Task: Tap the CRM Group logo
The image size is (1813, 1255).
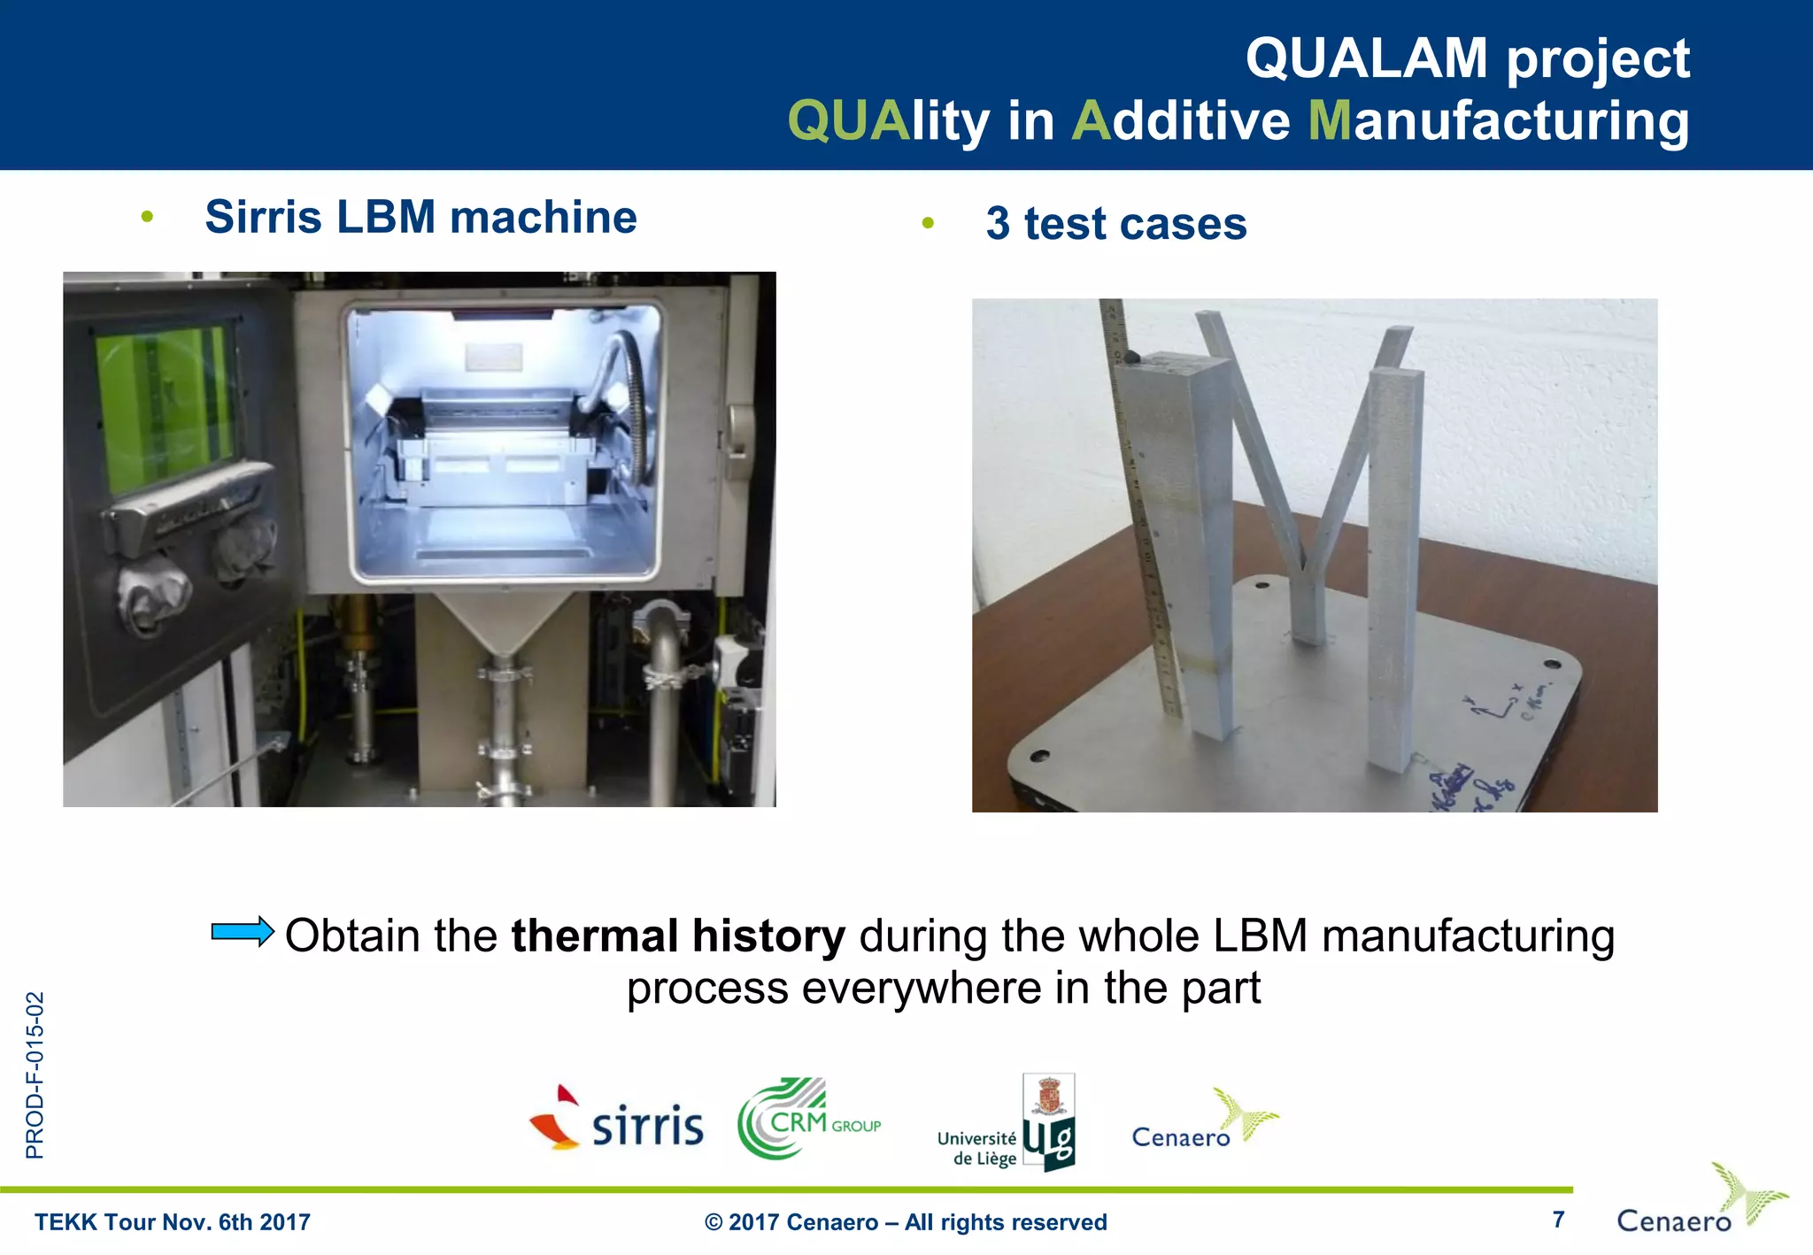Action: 807,1120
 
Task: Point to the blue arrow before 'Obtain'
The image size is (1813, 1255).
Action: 243,932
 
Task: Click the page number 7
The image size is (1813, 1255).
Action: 1558,1220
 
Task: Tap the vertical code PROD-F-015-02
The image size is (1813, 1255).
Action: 35,1075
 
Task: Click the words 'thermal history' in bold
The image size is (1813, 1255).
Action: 678,936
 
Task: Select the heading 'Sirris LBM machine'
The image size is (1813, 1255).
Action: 420,218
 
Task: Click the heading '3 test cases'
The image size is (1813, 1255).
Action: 1115,224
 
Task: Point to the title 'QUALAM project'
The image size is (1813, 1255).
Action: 1467,58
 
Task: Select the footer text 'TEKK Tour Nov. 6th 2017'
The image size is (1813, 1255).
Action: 173,1222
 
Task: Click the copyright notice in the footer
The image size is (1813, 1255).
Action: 905,1222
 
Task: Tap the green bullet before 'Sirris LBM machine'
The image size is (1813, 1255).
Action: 147,217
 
